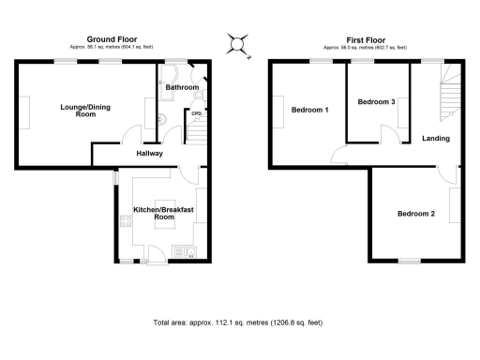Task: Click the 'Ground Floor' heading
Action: (x=112, y=39)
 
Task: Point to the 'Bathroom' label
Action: (x=182, y=88)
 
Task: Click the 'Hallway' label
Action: (x=149, y=153)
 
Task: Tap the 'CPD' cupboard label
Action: (x=197, y=113)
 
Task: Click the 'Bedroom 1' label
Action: (x=309, y=111)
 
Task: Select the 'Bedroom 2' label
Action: (x=415, y=214)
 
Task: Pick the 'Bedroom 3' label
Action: (x=376, y=101)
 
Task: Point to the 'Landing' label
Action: (x=436, y=139)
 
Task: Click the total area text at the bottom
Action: (x=238, y=322)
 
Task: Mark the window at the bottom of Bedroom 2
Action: (x=409, y=261)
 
